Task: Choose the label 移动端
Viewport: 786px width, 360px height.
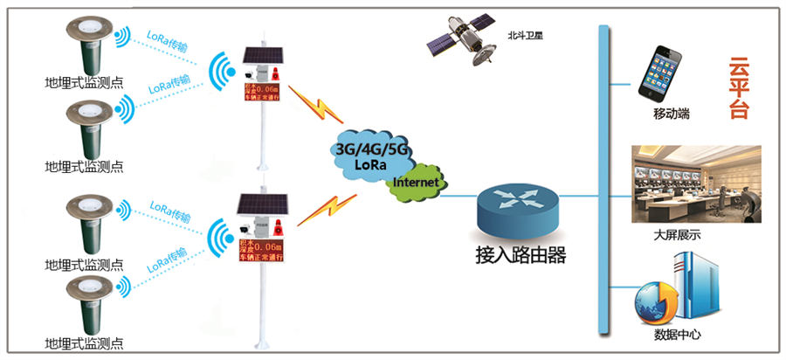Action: click(x=671, y=114)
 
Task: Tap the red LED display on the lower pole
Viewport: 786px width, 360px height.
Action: click(x=265, y=248)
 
